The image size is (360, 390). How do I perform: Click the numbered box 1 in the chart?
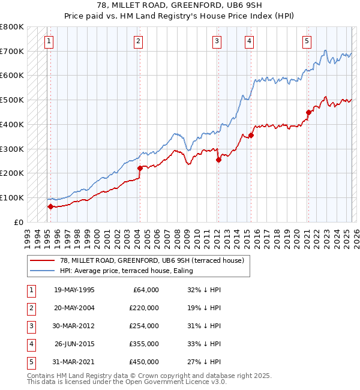[48, 41]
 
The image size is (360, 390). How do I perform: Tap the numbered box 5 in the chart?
[307, 41]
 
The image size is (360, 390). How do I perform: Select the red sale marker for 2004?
[140, 168]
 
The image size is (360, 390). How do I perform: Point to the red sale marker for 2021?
[308, 112]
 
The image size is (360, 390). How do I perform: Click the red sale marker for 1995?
[50, 206]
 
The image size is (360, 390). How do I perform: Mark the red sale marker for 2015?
[251, 135]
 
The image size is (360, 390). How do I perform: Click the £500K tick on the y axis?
[12, 100]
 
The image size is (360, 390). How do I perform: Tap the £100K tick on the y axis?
[12, 197]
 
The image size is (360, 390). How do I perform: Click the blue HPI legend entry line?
[43, 271]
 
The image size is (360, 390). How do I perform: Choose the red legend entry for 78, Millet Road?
[43, 261]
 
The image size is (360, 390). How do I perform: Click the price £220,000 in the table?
[145, 307]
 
